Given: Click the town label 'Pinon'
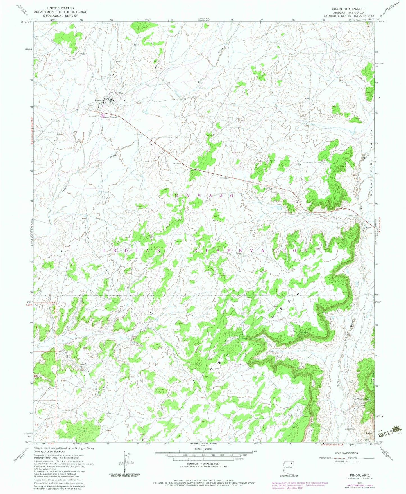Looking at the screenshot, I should (97, 100).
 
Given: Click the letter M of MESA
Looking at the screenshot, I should (273, 316).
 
